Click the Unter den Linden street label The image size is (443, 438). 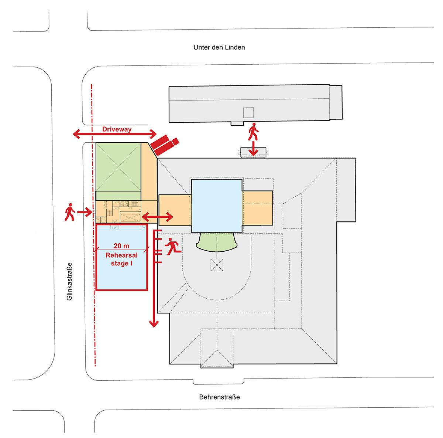(219, 47)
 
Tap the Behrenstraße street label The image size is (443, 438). (219, 397)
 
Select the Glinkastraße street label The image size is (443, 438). (70, 281)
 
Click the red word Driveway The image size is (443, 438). (117, 129)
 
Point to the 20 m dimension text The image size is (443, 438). (121, 246)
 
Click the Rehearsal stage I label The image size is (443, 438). (121, 259)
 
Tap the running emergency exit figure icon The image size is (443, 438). (173, 247)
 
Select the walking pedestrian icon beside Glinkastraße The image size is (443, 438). (69, 212)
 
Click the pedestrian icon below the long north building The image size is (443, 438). (253, 132)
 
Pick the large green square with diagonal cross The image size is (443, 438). (118, 172)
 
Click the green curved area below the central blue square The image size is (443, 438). (217, 242)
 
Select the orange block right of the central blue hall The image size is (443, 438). (257, 207)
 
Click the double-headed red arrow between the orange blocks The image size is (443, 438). (158, 217)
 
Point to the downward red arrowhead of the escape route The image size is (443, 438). (154, 324)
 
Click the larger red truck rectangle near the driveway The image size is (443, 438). (160, 143)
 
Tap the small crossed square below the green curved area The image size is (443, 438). (217, 265)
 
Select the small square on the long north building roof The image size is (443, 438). (248, 112)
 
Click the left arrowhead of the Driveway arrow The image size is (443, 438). (76, 134)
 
